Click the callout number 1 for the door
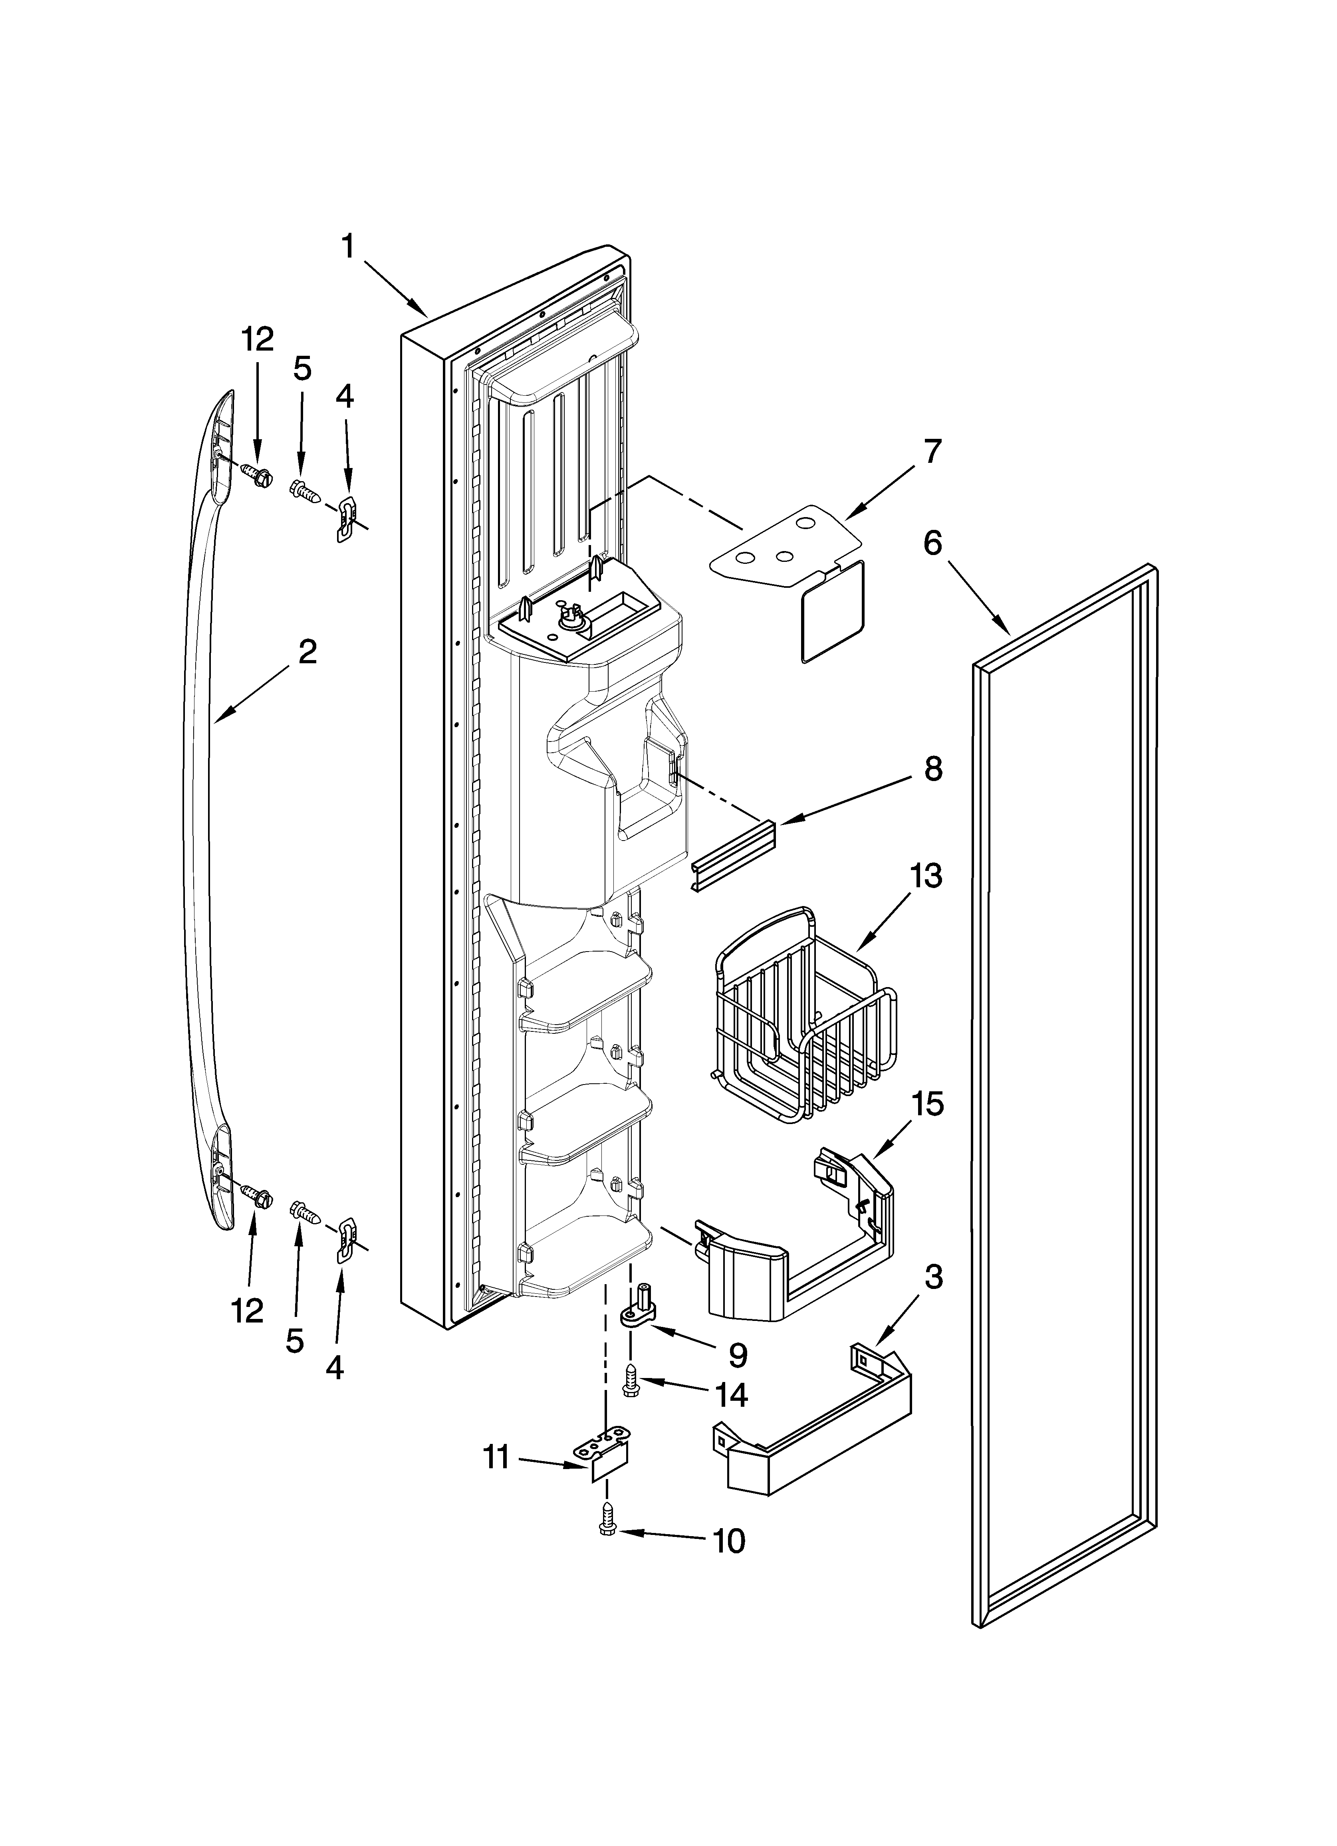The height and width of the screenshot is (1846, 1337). click(x=349, y=246)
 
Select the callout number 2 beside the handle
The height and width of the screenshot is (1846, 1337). click(x=307, y=652)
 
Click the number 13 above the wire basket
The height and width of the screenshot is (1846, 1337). click(x=926, y=876)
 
